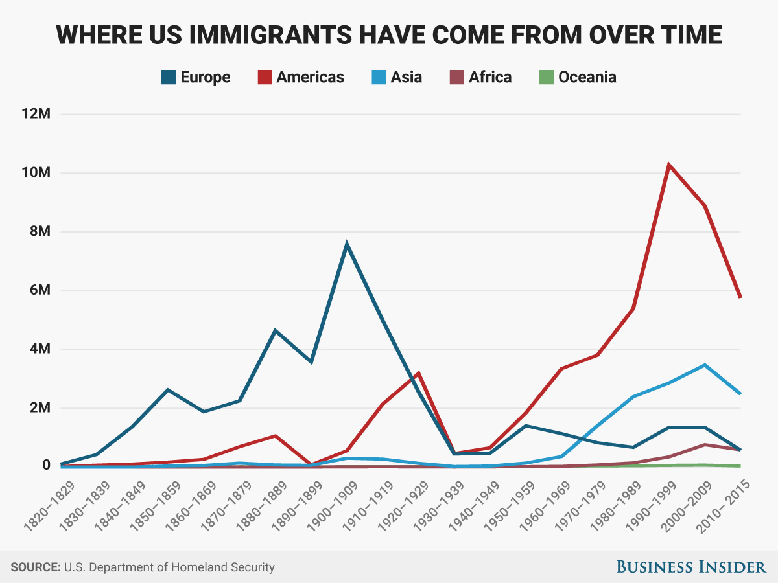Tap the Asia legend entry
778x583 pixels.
(x=397, y=78)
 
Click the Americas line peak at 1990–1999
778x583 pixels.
(x=668, y=165)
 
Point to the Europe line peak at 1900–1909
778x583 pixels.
(x=347, y=244)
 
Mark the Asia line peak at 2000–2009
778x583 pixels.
(x=704, y=365)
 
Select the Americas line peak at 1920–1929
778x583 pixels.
(x=419, y=373)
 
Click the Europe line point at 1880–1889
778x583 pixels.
(x=276, y=331)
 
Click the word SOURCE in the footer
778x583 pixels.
(x=34, y=567)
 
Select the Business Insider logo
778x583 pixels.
(x=690, y=567)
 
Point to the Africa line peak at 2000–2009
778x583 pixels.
(x=704, y=444)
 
